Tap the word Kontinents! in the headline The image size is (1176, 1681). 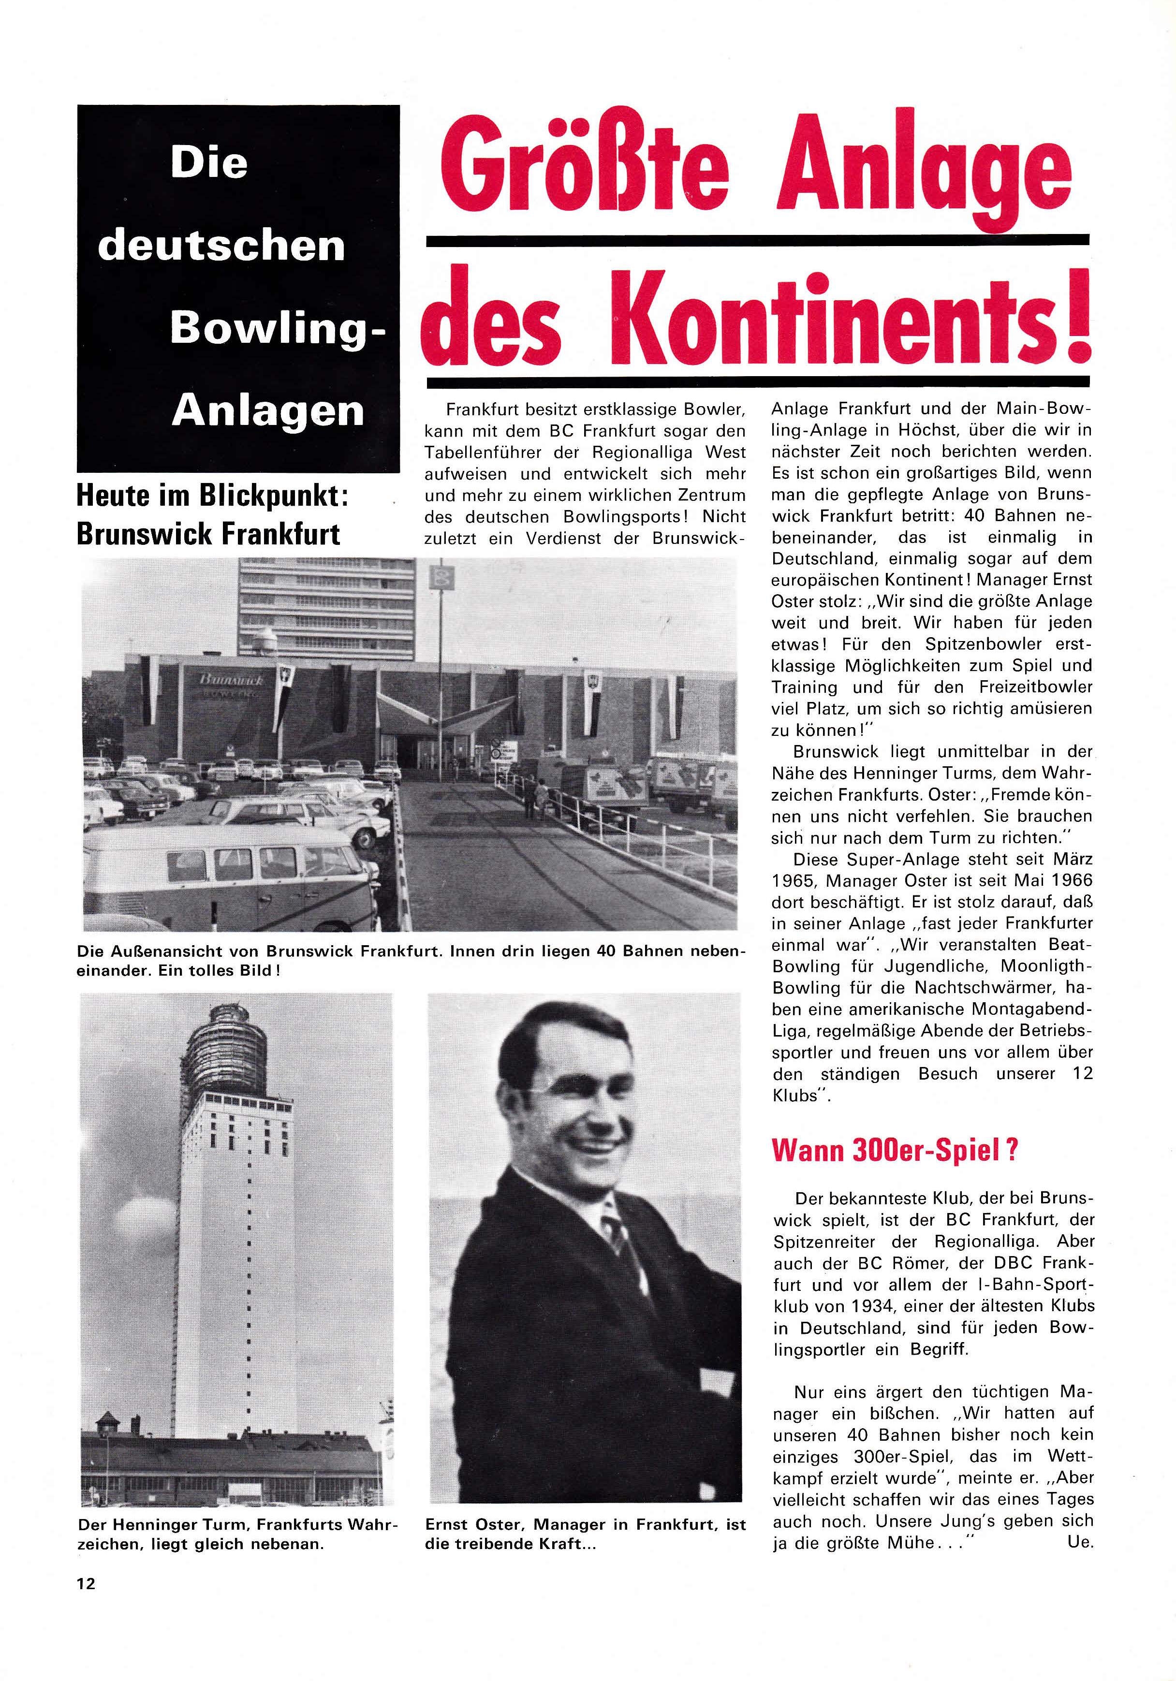pyautogui.click(x=850, y=322)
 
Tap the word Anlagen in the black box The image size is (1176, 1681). pyautogui.click(x=268, y=411)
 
